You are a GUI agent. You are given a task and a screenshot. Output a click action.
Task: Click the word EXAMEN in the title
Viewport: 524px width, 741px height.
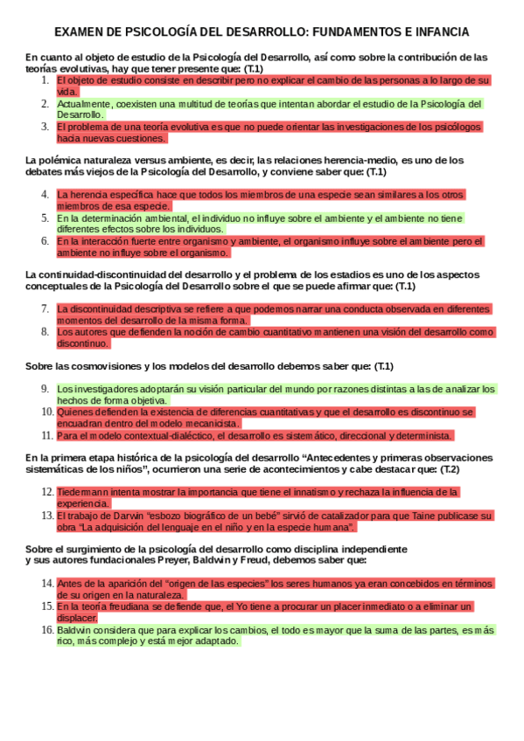click(80, 32)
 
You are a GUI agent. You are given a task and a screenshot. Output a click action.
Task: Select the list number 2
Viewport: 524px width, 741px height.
click(45, 103)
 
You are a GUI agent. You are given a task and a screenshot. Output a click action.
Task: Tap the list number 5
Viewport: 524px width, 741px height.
click(45, 218)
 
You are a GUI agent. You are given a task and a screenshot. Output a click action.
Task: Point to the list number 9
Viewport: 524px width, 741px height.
click(45, 388)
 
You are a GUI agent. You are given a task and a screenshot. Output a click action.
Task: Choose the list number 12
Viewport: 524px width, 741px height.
click(48, 492)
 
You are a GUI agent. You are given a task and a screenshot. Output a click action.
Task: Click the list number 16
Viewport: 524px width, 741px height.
click(48, 629)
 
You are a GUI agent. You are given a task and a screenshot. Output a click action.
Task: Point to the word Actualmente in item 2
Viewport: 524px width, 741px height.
click(83, 103)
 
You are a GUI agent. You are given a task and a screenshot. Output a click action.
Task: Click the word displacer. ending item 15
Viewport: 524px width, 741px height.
click(80, 617)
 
